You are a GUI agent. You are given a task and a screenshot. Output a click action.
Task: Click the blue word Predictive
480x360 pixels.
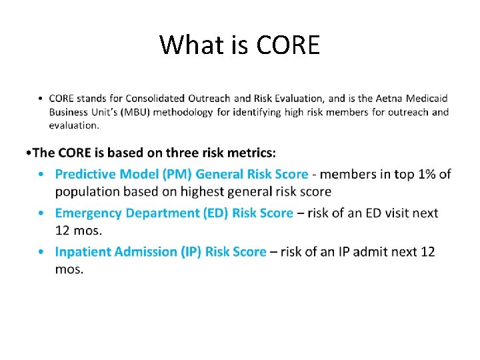tap(84, 174)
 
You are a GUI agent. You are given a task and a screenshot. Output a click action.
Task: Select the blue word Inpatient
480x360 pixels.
tap(83, 252)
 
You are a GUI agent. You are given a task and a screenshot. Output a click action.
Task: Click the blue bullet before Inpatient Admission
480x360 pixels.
tap(41, 252)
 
